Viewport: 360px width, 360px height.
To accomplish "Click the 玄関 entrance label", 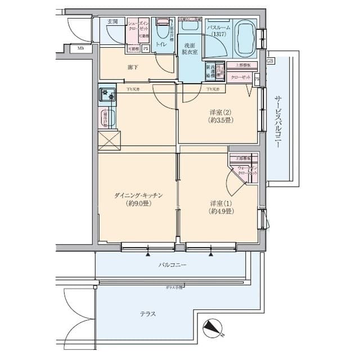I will [x=113, y=22].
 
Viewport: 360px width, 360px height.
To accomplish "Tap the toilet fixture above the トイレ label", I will [x=163, y=28].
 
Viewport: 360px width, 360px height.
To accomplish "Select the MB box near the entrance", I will [x=81, y=48].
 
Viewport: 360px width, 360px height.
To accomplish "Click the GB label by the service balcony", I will [x=270, y=61].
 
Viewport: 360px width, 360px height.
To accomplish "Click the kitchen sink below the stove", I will [x=107, y=118].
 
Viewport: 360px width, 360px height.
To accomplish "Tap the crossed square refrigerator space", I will [x=109, y=139].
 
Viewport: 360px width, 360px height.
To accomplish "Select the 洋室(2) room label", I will [x=220, y=115].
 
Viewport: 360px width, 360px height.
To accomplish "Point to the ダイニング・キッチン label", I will [x=138, y=199].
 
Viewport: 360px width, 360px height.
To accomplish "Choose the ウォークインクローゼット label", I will [x=247, y=171].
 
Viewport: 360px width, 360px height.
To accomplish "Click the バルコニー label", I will [x=172, y=264].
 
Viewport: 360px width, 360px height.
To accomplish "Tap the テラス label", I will [x=148, y=314].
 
